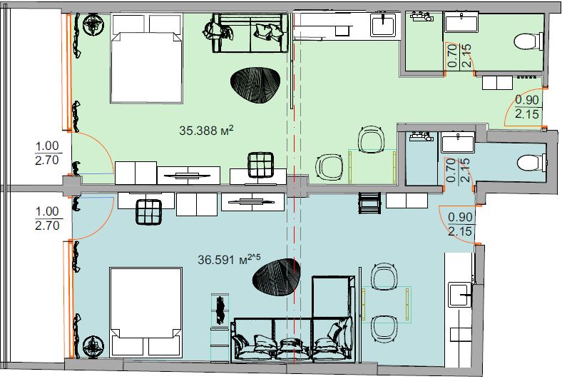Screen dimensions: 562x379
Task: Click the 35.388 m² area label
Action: tap(206, 130)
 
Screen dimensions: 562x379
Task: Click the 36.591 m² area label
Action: tap(230, 259)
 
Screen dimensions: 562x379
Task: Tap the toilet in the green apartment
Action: tap(528, 41)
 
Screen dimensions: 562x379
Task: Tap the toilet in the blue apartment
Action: tap(531, 163)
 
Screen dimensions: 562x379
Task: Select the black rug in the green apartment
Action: tap(255, 85)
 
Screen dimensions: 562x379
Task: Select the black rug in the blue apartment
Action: tap(276, 277)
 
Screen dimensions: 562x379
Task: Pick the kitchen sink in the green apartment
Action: tap(383, 24)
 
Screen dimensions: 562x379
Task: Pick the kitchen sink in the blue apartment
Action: tap(460, 294)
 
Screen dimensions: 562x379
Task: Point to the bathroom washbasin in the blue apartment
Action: tap(458, 142)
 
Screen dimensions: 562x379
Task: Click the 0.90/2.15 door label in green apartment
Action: tap(527, 106)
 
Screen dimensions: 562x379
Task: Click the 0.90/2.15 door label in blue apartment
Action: tap(460, 223)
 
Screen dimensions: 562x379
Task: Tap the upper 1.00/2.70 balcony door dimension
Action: tap(47, 153)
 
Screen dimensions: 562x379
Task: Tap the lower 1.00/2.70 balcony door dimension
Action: tap(47, 218)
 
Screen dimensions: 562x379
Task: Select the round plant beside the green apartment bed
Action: tap(93, 25)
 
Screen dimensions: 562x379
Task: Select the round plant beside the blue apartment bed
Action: tap(93, 346)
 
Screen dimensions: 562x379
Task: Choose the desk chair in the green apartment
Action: tap(261, 165)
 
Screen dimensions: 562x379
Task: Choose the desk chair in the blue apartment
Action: tap(148, 211)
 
